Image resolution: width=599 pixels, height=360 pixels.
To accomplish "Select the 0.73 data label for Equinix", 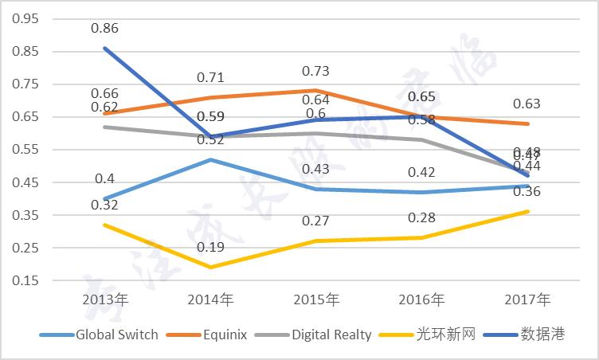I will (316, 71).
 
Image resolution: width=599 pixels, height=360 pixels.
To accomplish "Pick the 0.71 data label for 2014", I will (211, 77).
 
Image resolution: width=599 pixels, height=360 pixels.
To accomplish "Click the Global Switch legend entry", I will (99, 335).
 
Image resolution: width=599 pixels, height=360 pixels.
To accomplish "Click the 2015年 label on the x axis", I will (316, 300).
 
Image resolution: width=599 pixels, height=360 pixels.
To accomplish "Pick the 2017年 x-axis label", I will (527, 300).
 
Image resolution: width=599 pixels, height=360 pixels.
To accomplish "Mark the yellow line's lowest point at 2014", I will (211, 267).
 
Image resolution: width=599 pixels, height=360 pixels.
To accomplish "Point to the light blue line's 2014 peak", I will (211, 159).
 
